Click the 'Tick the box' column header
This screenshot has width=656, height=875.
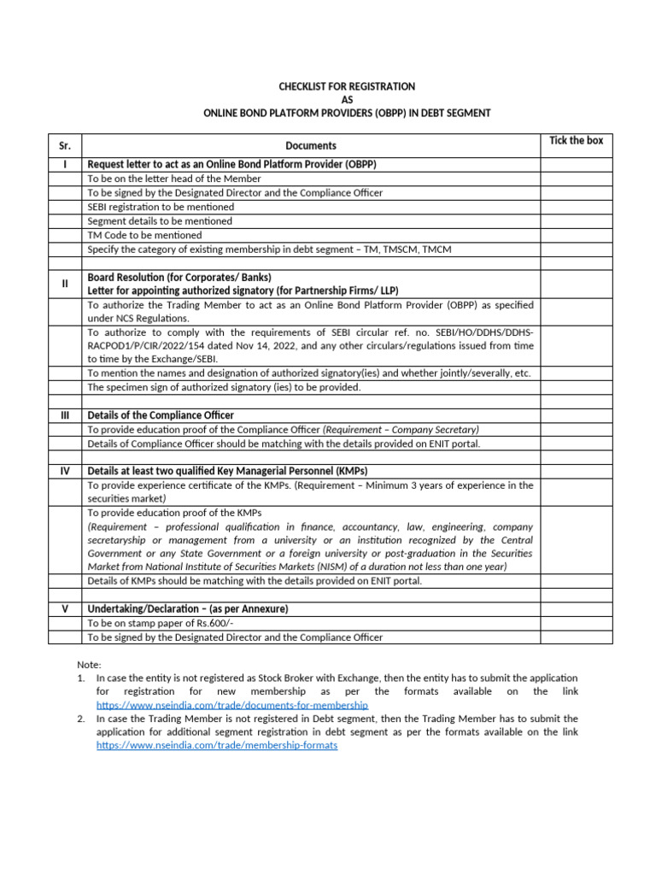coord(576,140)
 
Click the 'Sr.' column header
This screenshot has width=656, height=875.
coord(65,146)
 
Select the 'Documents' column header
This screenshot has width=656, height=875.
coord(311,146)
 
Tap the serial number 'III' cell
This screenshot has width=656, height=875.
coord(65,415)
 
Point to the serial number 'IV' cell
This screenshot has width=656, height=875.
coord(65,471)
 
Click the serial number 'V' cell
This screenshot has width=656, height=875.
coord(65,608)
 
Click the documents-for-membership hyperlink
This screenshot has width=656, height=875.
coord(231,705)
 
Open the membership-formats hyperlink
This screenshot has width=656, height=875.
coord(217,745)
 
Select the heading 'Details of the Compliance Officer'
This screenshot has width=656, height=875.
coord(161,415)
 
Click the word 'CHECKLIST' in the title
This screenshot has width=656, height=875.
coord(307,86)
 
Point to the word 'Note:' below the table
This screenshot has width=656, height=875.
coord(89,664)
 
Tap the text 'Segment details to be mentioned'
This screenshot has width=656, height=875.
coord(160,221)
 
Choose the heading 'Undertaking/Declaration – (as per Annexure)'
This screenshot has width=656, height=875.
coord(188,608)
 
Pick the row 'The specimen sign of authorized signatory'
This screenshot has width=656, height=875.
coord(224,387)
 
